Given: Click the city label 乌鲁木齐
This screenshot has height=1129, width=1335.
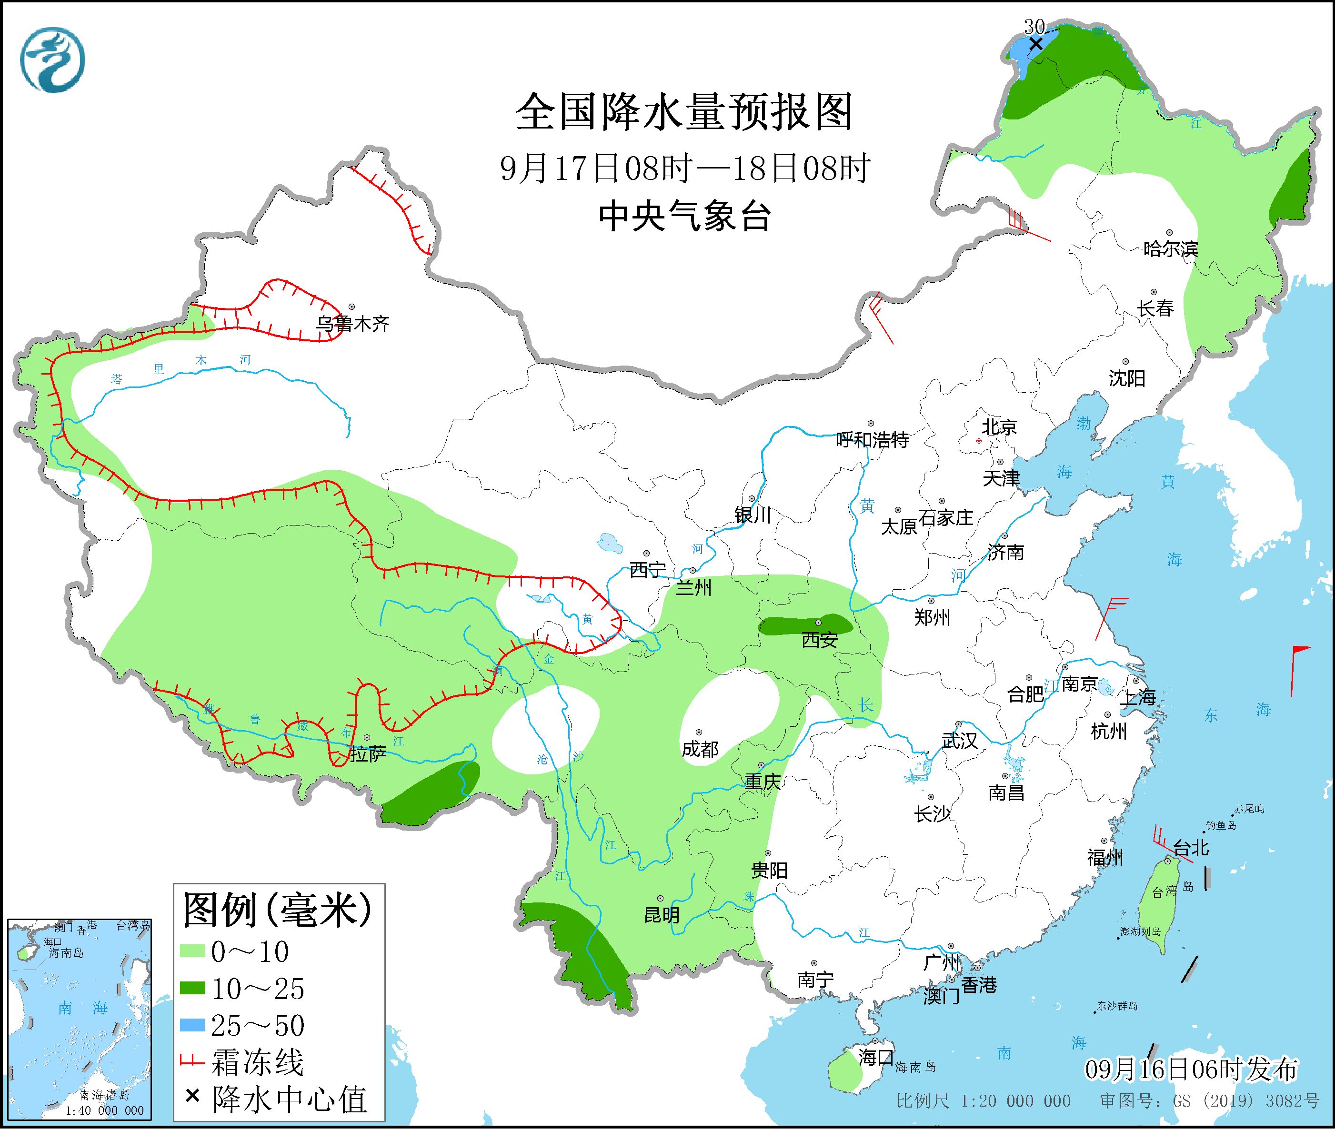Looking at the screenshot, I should pos(353,324).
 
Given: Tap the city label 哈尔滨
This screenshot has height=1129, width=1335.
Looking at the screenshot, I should pos(1170,249).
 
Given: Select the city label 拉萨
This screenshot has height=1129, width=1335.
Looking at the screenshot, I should pos(368,754).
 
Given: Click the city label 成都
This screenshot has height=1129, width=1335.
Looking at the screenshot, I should pos(700,749).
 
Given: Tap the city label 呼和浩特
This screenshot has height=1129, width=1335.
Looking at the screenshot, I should pos(873,440).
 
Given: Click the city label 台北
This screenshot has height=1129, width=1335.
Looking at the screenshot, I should pos(1192,849).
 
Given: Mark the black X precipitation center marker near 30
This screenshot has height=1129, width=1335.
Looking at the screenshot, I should pos(1035,43).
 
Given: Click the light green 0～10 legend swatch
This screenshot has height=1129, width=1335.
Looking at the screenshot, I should pos(192,952).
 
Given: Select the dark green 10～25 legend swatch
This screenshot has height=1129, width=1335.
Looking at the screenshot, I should pos(192,989).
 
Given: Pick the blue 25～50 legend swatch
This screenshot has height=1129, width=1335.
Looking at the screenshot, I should pos(192,1025).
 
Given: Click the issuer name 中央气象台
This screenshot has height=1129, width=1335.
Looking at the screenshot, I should pos(684,216).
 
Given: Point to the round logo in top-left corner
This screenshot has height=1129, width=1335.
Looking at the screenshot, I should pos(52,60).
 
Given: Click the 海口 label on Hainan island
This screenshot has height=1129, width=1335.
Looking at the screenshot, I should pos(875,1057).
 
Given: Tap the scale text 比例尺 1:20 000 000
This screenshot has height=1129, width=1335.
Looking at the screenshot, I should pos(984,1101).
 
